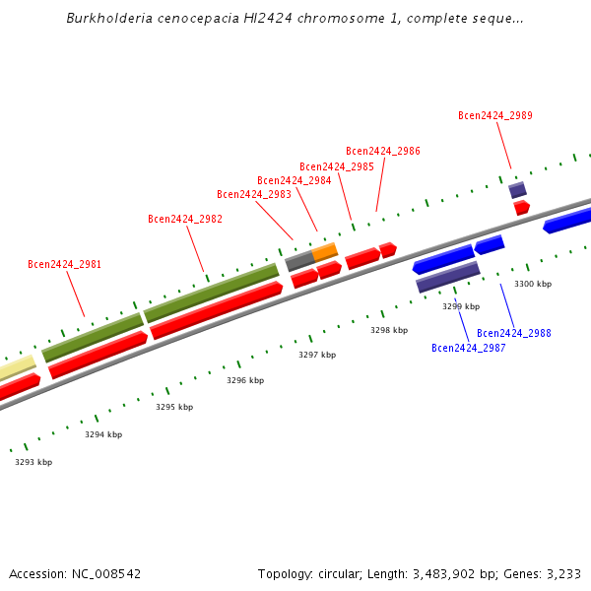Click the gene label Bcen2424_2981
pos(64,264)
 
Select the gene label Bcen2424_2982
pos(185,219)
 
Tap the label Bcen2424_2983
pos(254,194)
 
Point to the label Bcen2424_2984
pos(295,180)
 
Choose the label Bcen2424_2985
pos(337,166)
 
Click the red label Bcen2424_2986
pos(383,151)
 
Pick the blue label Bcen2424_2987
pos(469,348)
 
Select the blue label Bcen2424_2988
pos(514,333)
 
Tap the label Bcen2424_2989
pos(495,115)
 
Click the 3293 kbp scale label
pos(33,461)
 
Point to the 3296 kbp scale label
pos(245,380)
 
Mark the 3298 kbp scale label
pos(389,330)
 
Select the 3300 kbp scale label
pos(533,284)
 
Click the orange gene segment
pos(325,250)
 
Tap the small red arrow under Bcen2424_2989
pos(521,208)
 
